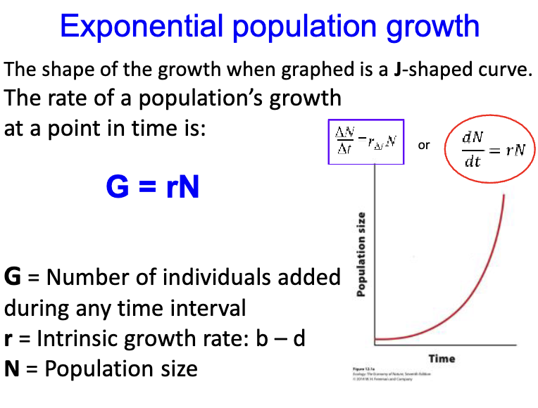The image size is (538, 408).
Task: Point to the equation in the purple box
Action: click(365, 142)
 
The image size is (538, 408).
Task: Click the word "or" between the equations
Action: click(424, 146)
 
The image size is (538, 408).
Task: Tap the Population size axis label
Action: click(362, 254)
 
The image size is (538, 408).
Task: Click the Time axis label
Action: click(442, 359)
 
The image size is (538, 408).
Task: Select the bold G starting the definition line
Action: click(12, 277)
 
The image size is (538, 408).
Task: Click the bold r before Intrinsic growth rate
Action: click(8, 339)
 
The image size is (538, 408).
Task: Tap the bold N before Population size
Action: click(12, 369)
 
